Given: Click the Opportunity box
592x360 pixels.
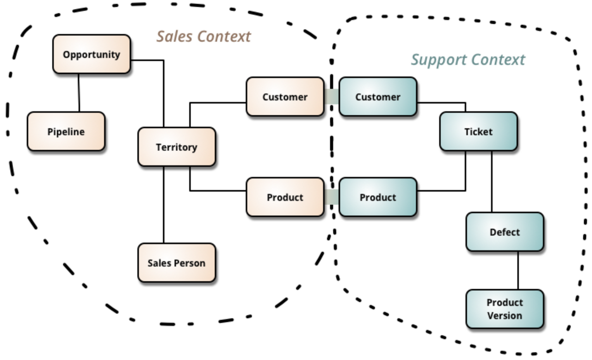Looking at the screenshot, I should [x=92, y=55].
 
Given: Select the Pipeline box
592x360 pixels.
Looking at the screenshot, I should [x=66, y=132].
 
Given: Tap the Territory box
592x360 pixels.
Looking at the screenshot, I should [x=176, y=147].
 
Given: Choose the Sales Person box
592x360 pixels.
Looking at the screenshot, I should [x=176, y=263].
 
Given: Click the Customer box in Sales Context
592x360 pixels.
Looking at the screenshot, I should [x=285, y=97].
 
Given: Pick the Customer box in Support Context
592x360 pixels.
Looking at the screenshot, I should [x=378, y=97].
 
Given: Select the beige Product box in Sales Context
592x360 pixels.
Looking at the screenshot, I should [x=285, y=197].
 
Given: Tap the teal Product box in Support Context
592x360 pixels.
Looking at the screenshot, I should [x=378, y=197].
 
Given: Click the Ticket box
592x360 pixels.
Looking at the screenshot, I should [x=478, y=132].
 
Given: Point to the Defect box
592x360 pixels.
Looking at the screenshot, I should [x=505, y=232].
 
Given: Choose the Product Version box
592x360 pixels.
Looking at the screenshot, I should [x=505, y=309].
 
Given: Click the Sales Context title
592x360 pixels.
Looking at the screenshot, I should [x=203, y=37].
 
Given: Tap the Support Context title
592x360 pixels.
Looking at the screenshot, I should [x=468, y=60].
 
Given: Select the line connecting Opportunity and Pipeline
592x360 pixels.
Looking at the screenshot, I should [x=79, y=92].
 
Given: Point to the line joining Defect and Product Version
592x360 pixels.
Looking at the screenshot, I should [x=518, y=270].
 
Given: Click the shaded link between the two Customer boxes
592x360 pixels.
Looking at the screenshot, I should [x=331, y=97].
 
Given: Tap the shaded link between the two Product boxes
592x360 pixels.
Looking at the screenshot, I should [x=331, y=197].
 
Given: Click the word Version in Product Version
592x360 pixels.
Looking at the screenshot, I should [x=505, y=316].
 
